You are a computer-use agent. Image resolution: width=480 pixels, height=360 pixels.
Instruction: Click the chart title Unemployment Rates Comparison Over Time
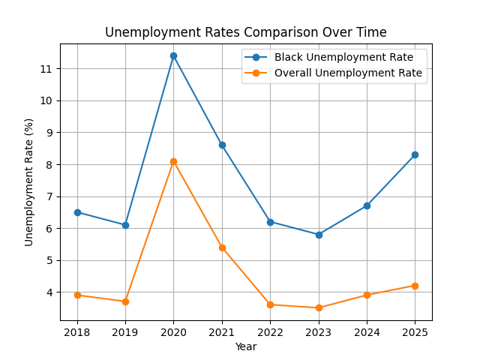[x=246, y=32]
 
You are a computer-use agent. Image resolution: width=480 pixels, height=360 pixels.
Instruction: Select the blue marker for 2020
[x=173, y=55]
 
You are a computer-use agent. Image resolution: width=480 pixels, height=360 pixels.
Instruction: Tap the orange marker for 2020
[x=173, y=161]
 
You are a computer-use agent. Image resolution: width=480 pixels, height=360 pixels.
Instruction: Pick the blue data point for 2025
[x=415, y=154]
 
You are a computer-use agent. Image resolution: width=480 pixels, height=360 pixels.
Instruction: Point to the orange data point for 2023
[x=319, y=307]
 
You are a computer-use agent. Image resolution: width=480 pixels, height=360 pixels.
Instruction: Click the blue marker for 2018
[x=77, y=212]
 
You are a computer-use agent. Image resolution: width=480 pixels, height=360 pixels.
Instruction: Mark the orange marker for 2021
[x=222, y=247]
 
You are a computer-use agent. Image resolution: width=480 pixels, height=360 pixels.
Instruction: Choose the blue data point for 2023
[x=319, y=235]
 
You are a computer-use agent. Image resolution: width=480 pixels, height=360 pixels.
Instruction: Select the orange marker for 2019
[x=125, y=301]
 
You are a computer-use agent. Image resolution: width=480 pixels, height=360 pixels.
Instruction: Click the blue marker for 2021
[x=222, y=145]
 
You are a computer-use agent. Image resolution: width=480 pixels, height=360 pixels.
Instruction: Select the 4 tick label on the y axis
[x=49, y=292]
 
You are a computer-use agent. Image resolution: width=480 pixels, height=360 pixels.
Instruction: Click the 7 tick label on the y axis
[x=49, y=196]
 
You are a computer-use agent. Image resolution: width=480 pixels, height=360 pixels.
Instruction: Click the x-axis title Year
[x=246, y=346]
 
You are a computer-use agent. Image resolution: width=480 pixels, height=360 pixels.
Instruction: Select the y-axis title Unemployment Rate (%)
[x=29, y=181]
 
